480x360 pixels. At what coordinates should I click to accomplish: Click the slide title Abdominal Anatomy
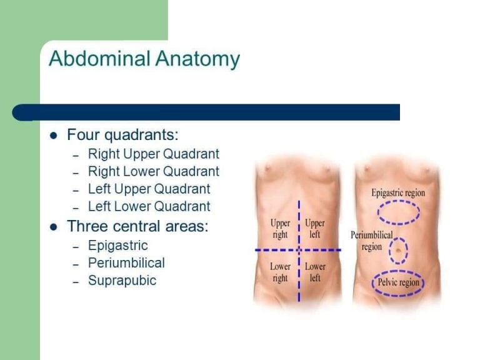(x=144, y=59)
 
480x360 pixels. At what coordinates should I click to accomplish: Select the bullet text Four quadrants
(x=122, y=135)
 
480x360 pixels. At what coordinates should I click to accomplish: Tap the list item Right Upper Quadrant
(x=154, y=154)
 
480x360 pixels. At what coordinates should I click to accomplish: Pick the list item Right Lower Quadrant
(x=154, y=171)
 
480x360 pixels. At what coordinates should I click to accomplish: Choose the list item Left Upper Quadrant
(x=149, y=189)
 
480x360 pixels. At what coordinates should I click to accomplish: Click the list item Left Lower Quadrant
(x=149, y=206)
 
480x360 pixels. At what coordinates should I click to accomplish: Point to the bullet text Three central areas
(x=137, y=226)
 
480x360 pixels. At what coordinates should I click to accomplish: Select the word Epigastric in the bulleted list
(x=117, y=245)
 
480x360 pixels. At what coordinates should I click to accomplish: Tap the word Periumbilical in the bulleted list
(x=126, y=262)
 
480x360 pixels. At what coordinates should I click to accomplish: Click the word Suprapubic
(x=122, y=280)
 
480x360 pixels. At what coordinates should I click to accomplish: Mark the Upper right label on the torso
(x=280, y=229)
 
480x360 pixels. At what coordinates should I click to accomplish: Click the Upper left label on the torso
(x=315, y=229)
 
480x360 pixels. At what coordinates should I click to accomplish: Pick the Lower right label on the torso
(x=280, y=272)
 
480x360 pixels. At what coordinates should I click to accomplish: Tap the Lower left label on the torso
(x=315, y=272)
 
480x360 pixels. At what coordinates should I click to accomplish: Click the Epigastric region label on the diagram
(x=398, y=192)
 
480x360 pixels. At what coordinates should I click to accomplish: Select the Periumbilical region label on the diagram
(x=372, y=241)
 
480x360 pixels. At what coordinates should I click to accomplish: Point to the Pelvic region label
(x=398, y=282)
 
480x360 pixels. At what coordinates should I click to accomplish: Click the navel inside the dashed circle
(x=398, y=251)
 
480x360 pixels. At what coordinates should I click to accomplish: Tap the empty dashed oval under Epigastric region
(x=398, y=212)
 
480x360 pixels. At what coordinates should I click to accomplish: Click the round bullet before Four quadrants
(x=54, y=136)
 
